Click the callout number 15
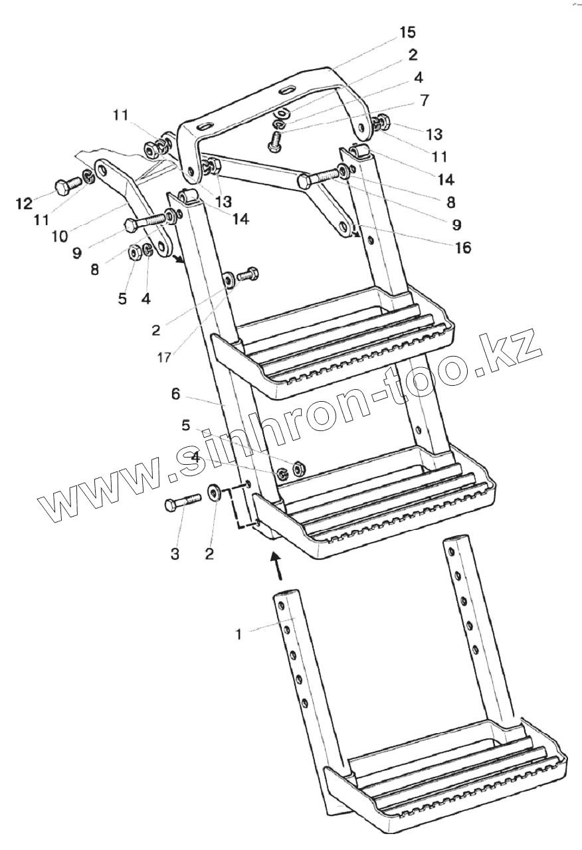click(x=408, y=32)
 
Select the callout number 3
click(x=175, y=554)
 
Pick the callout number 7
click(x=424, y=100)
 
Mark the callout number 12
click(x=23, y=203)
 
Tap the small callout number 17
click(x=164, y=357)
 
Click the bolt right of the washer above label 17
click(x=249, y=273)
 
